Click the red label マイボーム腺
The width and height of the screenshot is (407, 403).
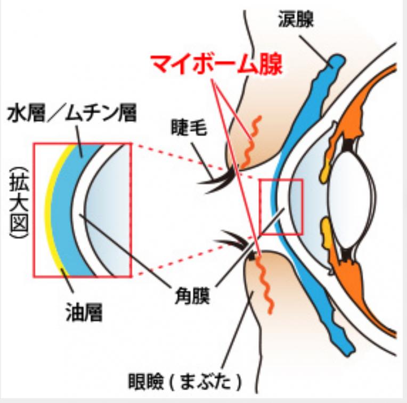click(215, 65)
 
